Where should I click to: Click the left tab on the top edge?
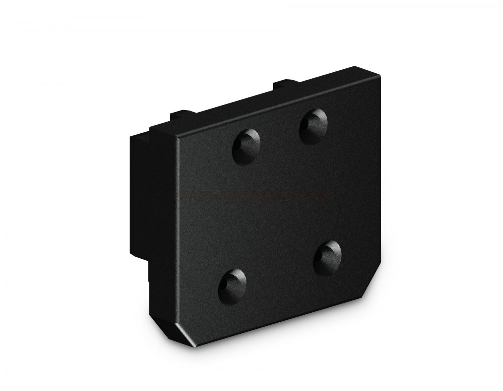coord(183,116)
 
